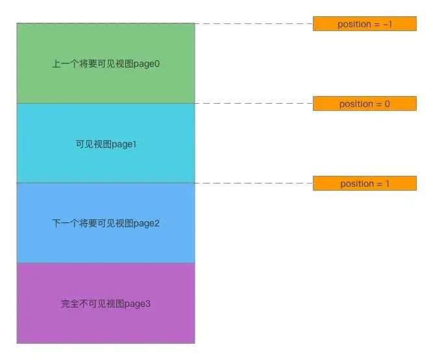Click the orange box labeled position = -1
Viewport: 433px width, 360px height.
[364, 24]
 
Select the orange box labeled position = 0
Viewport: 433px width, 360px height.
[364, 104]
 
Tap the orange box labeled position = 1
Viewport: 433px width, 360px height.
[364, 184]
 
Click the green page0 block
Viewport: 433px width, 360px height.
[106, 45]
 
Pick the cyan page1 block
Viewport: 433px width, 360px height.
[106, 162]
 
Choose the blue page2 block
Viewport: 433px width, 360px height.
[106, 243]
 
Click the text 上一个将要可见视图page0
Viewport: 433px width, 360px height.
[106, 64]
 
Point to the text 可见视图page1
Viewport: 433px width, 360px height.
[106, 144]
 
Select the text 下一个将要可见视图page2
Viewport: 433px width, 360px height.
[106, 224]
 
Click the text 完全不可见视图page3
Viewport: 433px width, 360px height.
[106, 304]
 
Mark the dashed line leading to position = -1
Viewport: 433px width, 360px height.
[253, 24]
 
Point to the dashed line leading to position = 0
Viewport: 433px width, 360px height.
[253, 104]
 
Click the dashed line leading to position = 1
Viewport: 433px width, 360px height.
[253, 184]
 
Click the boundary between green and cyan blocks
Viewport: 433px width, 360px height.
[106, 103]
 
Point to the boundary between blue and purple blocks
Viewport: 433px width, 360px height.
[106, 263]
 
